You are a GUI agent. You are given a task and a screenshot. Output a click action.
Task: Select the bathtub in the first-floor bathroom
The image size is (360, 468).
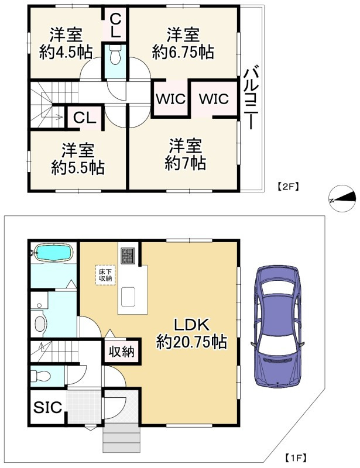tap(53, 252)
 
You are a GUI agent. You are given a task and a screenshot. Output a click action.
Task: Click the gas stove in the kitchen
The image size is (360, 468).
tap(128, 254)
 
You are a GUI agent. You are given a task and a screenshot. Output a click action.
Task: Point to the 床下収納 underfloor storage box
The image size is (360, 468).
tap(104, 275)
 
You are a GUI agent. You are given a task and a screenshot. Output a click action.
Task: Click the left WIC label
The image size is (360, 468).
tap(170, 99)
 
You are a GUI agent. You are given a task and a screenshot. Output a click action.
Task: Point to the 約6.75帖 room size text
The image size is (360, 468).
tap(183, 52)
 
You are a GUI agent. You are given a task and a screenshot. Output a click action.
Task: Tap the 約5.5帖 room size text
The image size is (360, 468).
tap(77, 168)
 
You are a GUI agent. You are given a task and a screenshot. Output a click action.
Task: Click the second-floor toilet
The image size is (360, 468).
tap(115, 57)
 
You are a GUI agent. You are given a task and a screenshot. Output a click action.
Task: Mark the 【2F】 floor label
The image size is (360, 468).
tap(287, 187)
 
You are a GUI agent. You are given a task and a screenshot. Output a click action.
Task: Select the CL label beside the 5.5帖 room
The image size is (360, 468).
tap(84, 117)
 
